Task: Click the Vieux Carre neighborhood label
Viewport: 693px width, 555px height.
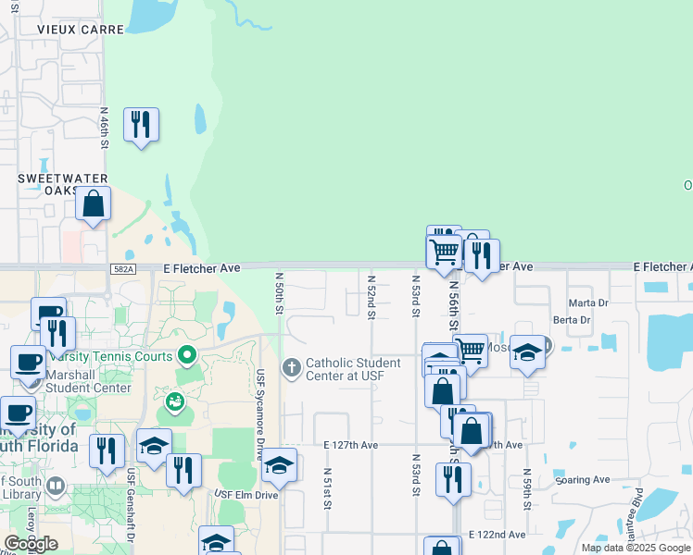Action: (x=81, y=30)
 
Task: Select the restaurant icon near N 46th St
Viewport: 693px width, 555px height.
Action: (x=141, y=125)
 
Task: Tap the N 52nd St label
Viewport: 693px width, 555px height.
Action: (x=371, y=297)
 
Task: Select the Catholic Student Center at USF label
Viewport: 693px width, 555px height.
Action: (x=353, y=370)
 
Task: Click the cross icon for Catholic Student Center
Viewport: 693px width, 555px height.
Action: (x=292, y=369)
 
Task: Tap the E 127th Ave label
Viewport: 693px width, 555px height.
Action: (x=351, y=445)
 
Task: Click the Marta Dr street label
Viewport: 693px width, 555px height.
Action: (x=588, y=302)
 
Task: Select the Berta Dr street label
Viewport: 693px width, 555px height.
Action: (x=572, y=320)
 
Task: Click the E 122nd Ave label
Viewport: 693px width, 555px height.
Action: (x=497, y=535)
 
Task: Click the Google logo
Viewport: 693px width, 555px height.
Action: (x=31, y=544)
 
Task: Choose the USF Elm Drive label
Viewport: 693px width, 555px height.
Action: (x=246, y=494)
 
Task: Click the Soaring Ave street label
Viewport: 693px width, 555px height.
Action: (x=583, y=480)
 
